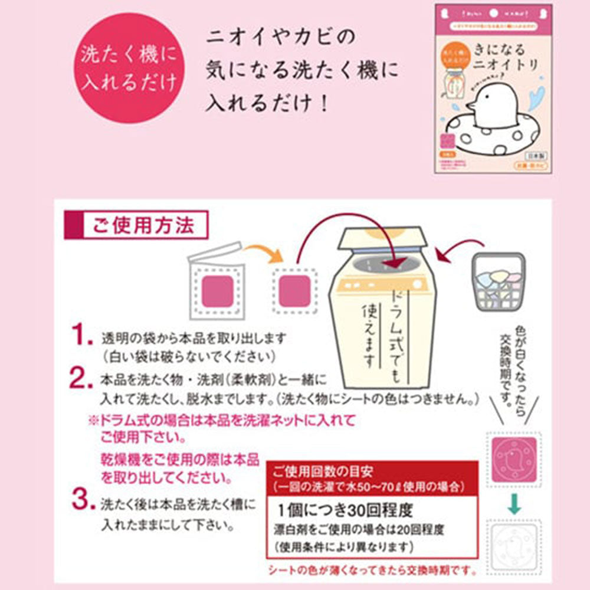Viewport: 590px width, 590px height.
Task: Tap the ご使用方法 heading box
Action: point(137,225)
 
